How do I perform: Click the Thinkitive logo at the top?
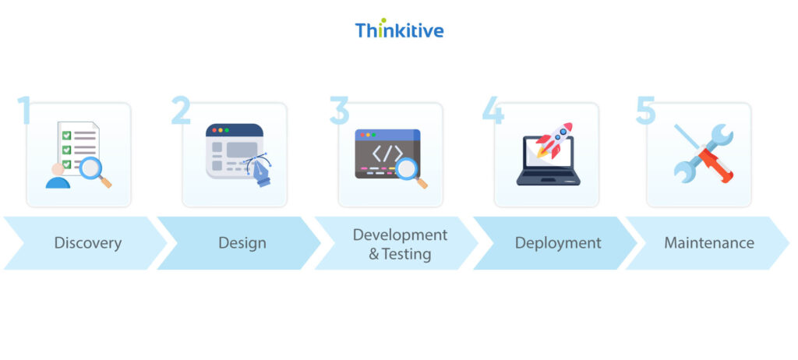coord(399,30)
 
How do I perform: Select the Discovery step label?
coord(87,243)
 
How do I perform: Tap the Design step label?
coord(242,243)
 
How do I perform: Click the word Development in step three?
coord(400,235)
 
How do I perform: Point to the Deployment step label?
coord(557,243)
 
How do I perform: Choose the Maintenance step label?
coord(708,243)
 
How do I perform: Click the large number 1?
coord(24,111)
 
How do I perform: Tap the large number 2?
coord(181,111)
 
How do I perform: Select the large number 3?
coord(338,111)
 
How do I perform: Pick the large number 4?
coord(493,111)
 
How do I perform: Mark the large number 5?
coord(645,111)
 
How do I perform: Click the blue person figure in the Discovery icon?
coord(58,178)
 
